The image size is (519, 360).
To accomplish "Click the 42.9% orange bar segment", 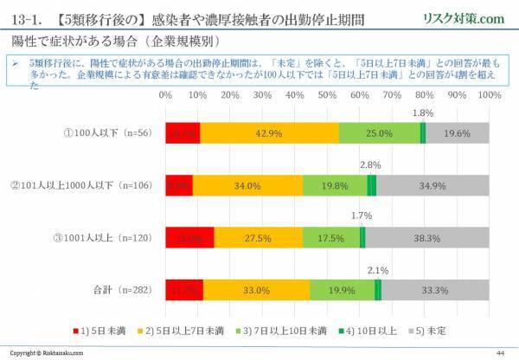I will [x=269, y=132].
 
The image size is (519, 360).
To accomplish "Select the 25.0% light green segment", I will [x=379, y=132].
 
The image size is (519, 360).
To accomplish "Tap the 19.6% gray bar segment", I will [x=456, y=132].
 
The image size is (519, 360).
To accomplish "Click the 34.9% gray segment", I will [x=432, y=185].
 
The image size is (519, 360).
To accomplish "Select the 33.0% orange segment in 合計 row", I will [x=256, y=290].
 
